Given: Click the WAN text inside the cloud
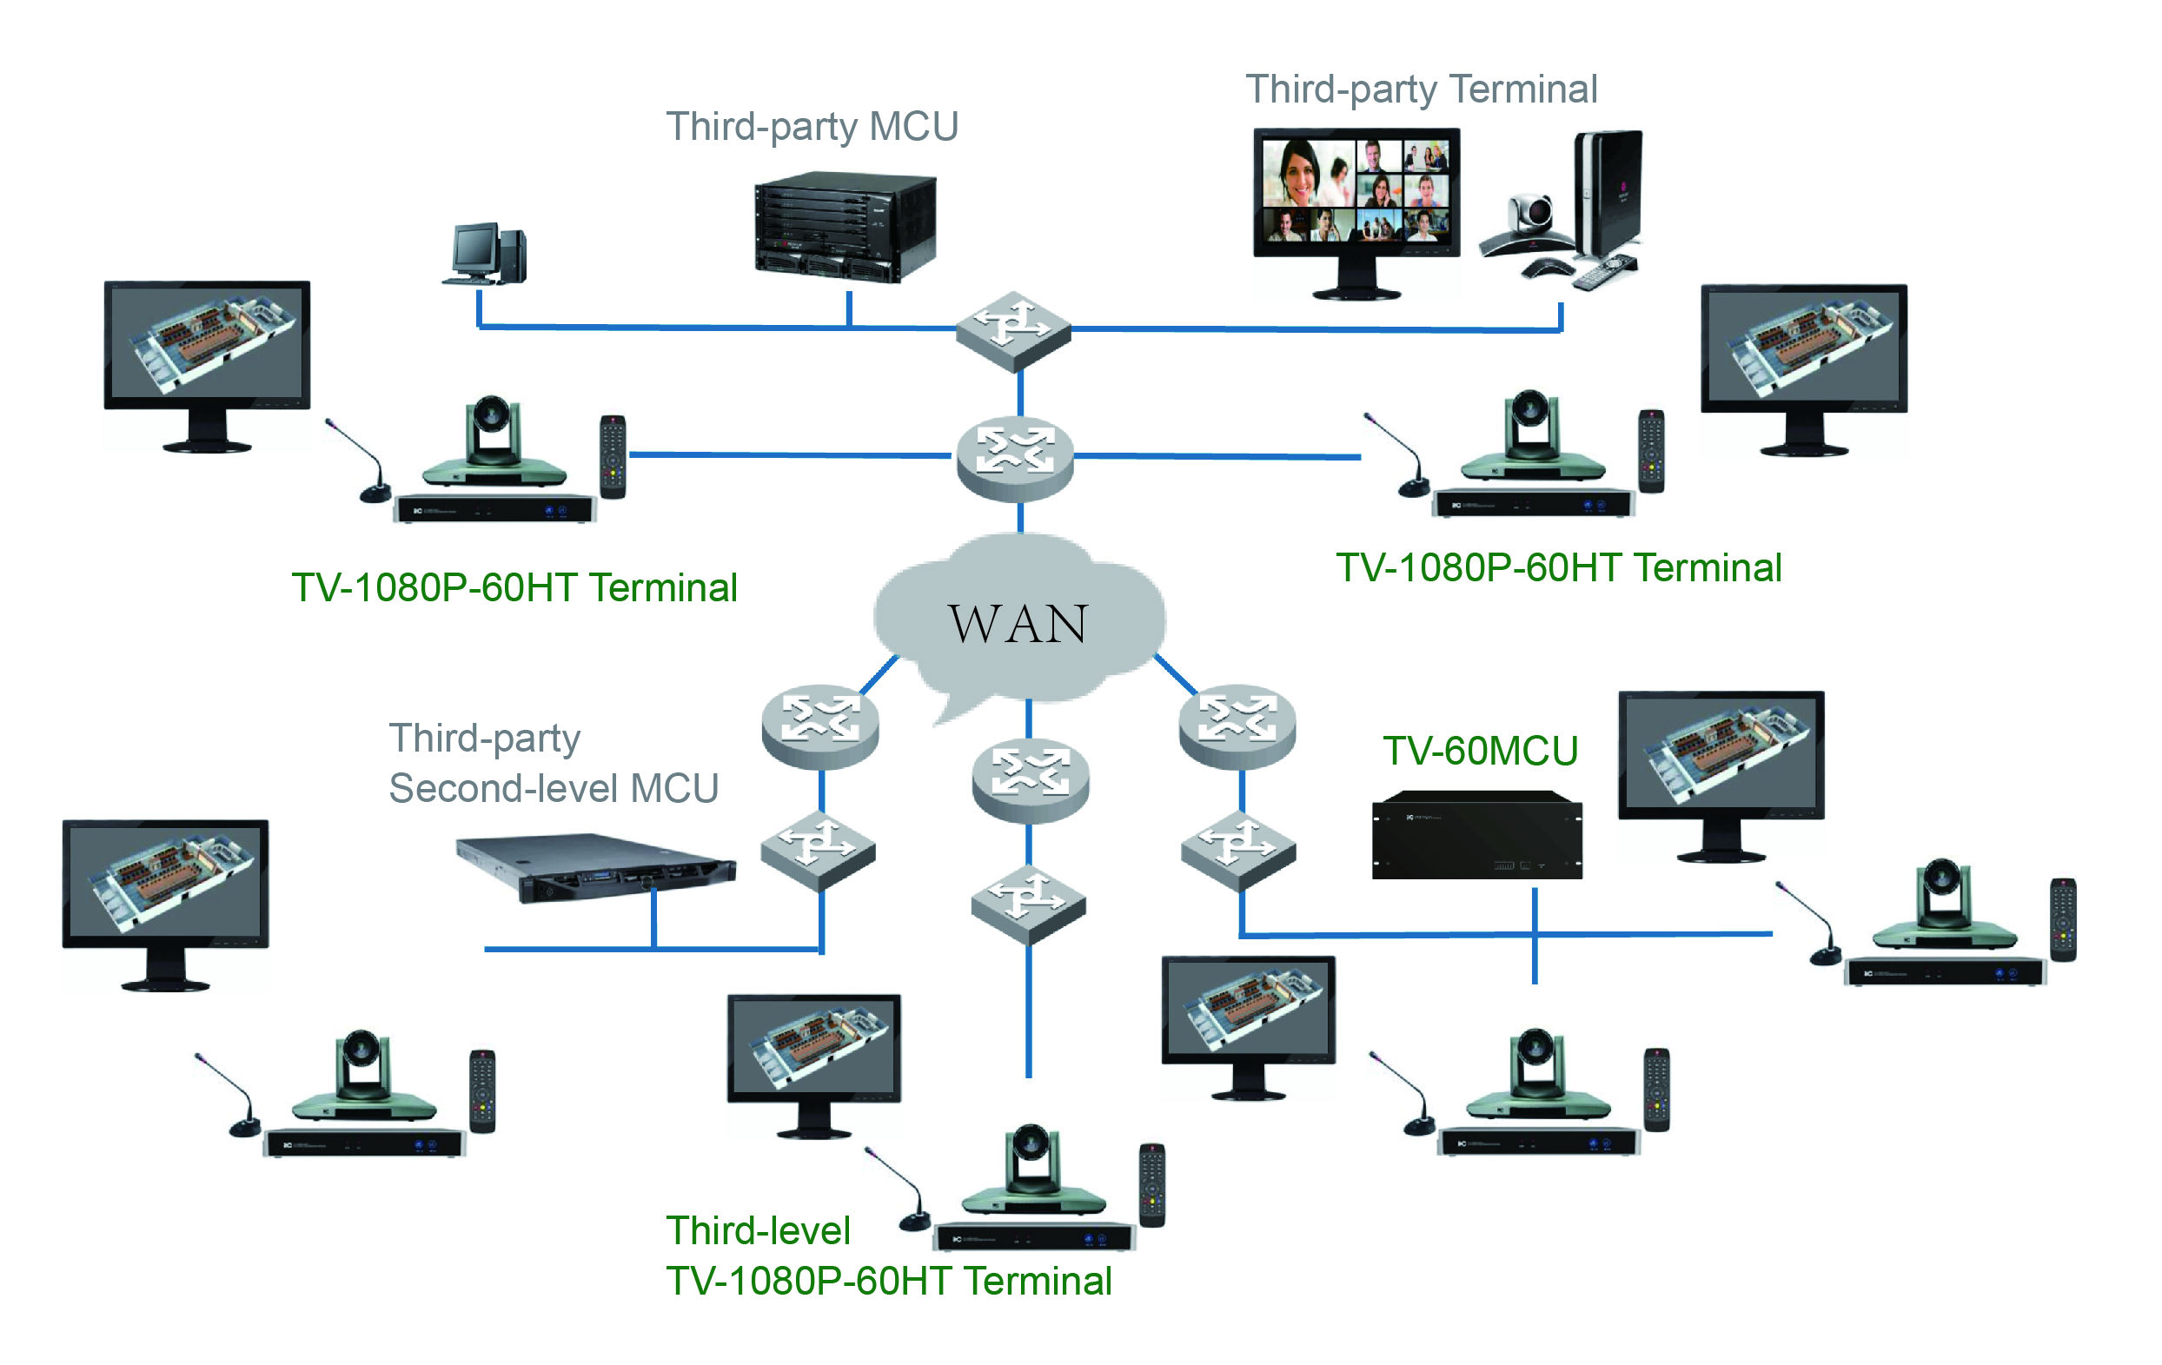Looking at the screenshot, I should [x=1018, y=623].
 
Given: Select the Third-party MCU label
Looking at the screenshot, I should [x=812, y=127].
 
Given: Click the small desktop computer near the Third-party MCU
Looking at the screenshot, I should [x=486, y=254].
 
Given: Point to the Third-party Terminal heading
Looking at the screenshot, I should [x=1421, y=89].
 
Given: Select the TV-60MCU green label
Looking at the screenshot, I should [x=1480, y=751].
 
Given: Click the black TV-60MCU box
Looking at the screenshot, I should [x=1477, y=835].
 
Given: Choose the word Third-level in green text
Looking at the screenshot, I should [x=758, y=1230].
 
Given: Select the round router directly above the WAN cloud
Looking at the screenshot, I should [x=1015, y=457].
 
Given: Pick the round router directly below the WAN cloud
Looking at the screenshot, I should [x=1030, y=781].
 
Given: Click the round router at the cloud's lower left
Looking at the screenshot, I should [x=819, y=726].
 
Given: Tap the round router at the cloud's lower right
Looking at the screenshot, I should [x=1237, y=726].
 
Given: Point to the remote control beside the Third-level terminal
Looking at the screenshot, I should [x=1152, y=1184].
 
